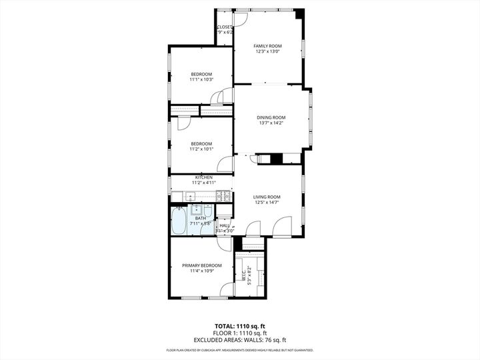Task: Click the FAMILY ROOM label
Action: point(267,45)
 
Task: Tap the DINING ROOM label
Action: point(271,117)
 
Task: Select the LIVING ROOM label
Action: point(267,197)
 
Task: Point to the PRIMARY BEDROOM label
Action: point(201,265)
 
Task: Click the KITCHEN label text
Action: point(203,177)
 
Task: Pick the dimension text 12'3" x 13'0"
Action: point(267,51)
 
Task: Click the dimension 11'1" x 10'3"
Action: point(201,79)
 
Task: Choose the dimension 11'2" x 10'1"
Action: point(201,149)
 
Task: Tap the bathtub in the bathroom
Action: point(179,221)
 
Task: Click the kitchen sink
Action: point(190,196)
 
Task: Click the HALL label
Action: point(224,225)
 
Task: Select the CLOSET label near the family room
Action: point(225,27)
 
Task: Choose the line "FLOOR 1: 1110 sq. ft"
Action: point(239,333)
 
